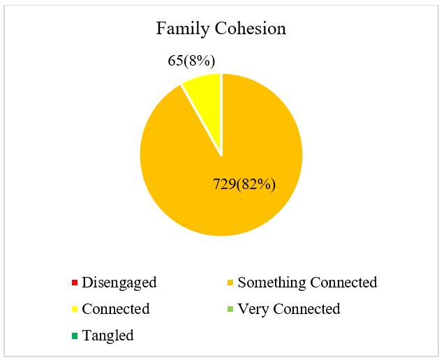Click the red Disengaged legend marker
coord(73,283)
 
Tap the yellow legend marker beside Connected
coord(73,309)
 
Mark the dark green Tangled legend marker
coord(73,336)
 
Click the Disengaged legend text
coord(119,283)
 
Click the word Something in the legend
coord(269,283)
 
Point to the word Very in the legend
coord(252,309)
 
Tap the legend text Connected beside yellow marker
coord(116,309)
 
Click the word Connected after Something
coord(341,283)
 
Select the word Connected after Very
coord(305,309)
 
